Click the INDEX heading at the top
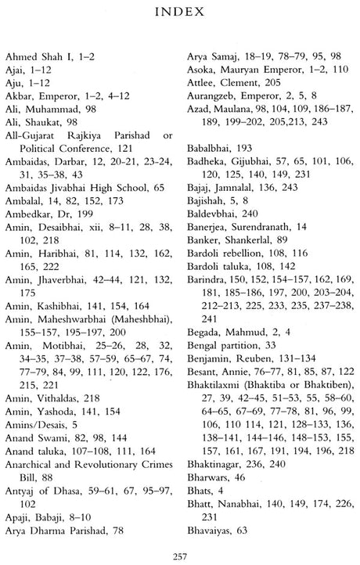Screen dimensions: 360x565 point(180,13)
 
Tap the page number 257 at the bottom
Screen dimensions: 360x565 point(180,555)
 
